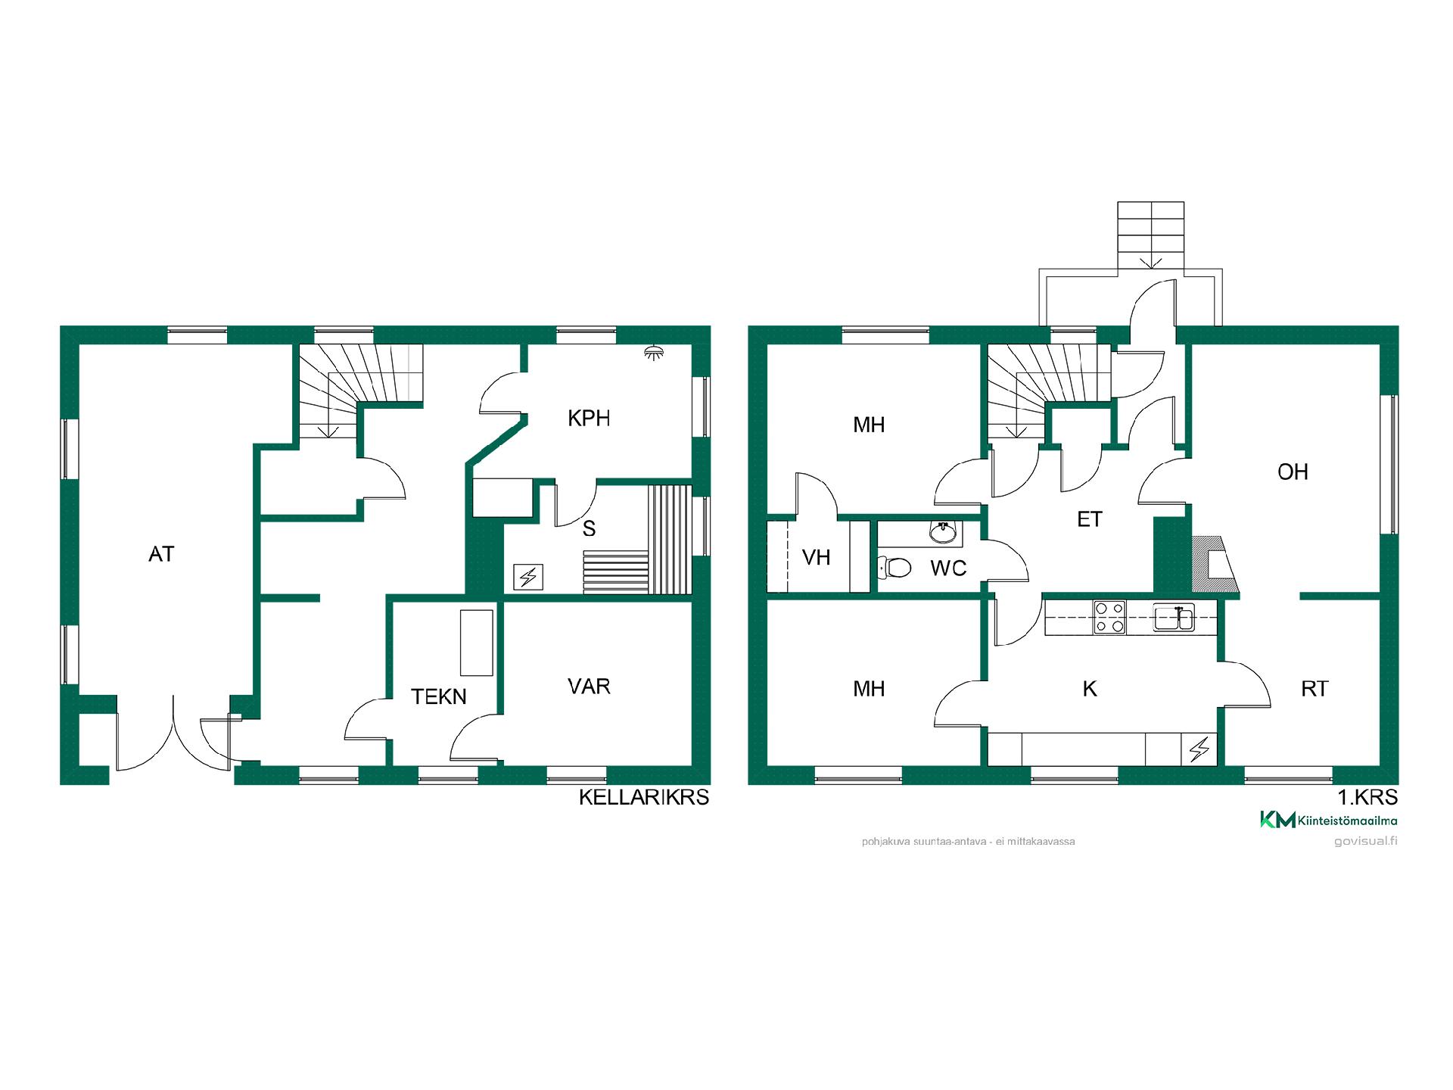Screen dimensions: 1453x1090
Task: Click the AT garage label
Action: (x=161, y=554)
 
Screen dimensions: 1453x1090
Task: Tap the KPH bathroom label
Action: (x=589, y=419)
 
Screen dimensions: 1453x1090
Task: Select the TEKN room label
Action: (x=439, y=696)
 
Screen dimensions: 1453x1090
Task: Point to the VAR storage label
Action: (x=589, y=687)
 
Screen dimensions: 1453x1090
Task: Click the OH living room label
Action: (x=1293, y=472)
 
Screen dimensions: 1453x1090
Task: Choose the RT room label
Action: (x=1315, y=689)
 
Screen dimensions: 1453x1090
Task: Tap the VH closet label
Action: (x=816, y=558)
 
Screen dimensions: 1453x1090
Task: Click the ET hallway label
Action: (x=1090, y=519)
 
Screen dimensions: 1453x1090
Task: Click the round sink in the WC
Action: (x=943, y=534)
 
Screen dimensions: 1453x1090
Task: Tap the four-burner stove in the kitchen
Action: (x=1109, y=617)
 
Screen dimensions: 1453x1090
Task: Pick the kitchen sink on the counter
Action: (x=1174, y=617)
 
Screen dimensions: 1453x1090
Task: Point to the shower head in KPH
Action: (x=651, y=351)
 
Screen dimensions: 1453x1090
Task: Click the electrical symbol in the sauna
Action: (x=527, y=578)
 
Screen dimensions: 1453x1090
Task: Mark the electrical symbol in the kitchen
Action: (x=1199, y=749)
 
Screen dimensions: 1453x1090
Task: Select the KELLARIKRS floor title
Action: (x=644, y=797)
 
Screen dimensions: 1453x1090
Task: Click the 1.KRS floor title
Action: (x=1367, y=797)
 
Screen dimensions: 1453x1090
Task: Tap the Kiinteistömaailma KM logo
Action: (x=1328, y=820)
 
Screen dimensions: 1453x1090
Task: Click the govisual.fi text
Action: (x=1366, y=842)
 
